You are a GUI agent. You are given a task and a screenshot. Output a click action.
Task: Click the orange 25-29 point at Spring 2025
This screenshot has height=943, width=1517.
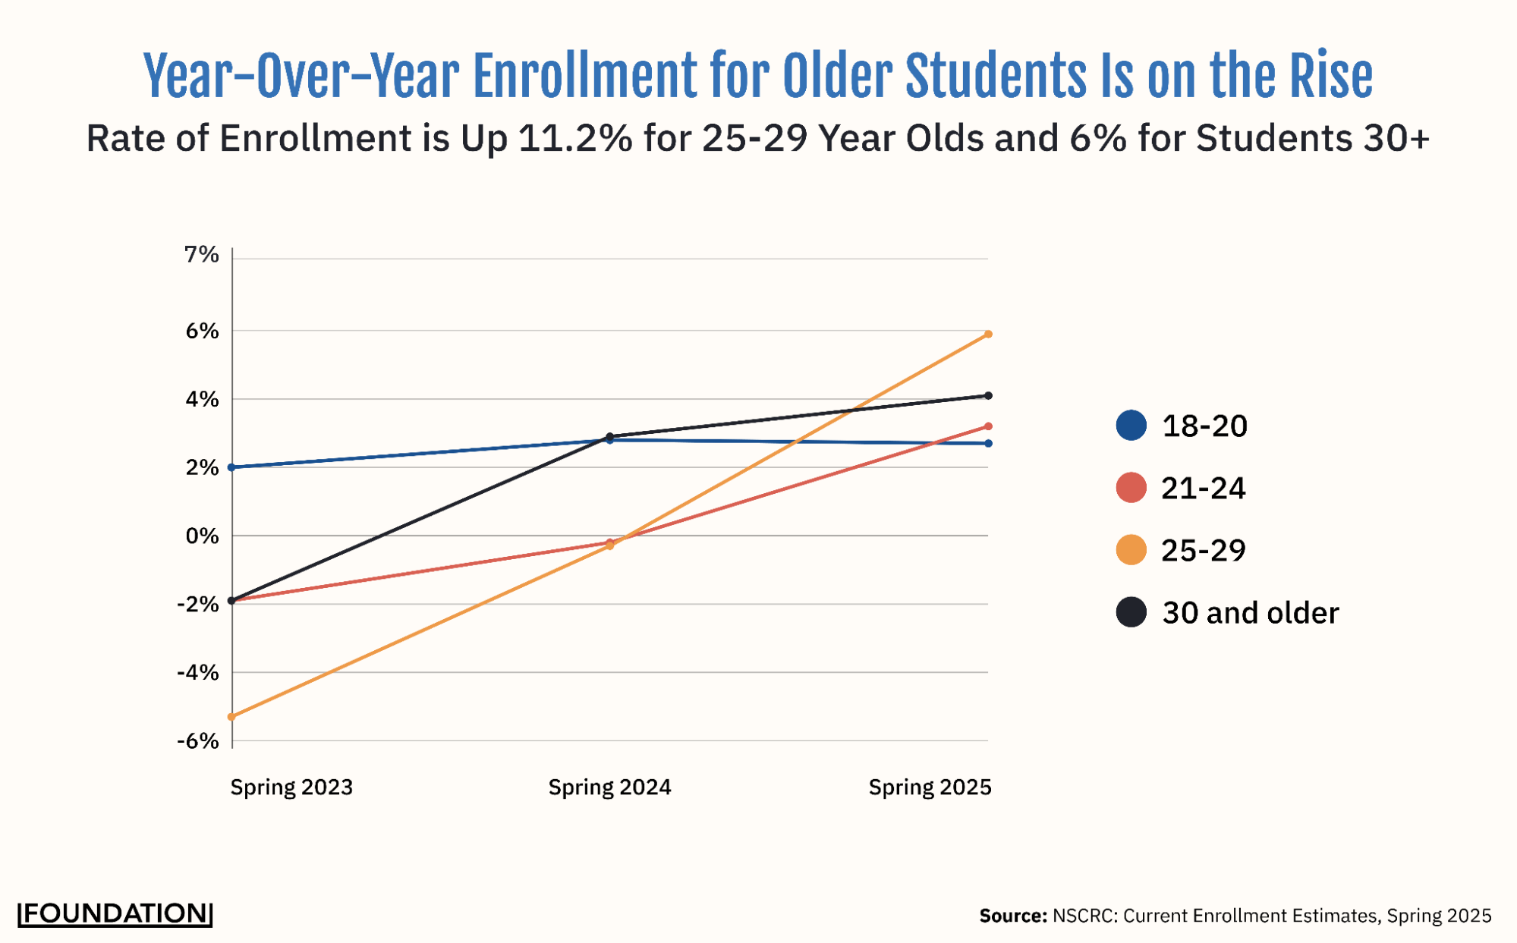coord(987,334)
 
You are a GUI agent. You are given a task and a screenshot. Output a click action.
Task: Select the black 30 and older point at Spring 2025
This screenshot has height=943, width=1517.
coord(987,395)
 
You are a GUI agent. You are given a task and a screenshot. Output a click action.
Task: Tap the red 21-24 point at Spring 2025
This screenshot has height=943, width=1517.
coord(987,426)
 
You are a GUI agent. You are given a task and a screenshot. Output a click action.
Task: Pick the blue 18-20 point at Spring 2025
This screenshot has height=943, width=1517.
coord(987,443)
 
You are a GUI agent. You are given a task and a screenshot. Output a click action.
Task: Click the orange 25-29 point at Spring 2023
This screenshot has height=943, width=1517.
coord(232,716)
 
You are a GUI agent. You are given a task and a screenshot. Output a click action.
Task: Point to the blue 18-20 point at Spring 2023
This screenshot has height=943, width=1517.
coord(232,467)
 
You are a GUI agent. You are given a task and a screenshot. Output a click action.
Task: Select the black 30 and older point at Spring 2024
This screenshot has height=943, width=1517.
coord(609,436)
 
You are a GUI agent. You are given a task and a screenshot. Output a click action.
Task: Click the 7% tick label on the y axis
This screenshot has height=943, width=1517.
coord(201,255)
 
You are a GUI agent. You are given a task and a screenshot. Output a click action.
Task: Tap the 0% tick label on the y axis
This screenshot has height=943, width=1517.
coord(201,536)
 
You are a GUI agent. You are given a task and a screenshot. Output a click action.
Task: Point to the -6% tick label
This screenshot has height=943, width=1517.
coord(198,741)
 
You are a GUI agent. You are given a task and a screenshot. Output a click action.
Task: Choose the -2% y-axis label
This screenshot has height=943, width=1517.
coord(198,605)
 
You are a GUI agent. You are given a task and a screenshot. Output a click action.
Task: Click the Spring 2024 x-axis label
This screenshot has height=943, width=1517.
coord(609,787)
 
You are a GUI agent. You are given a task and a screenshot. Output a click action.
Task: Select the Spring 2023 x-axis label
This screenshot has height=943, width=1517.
coord(291,787)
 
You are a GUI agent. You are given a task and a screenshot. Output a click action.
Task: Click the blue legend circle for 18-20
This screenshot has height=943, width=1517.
coord(1131,426)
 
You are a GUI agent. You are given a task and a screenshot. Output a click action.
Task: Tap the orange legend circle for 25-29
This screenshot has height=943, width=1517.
coord(1131,550)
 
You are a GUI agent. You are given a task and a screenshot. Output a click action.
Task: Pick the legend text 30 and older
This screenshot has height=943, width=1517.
coord(1250,613)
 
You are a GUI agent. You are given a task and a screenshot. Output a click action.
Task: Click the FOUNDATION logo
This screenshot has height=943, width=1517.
coord(115,913)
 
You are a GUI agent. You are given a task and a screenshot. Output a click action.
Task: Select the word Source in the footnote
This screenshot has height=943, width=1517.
coord(1012,916)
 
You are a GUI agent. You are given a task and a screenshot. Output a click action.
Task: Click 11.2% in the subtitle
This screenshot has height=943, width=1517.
coord(574,138)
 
